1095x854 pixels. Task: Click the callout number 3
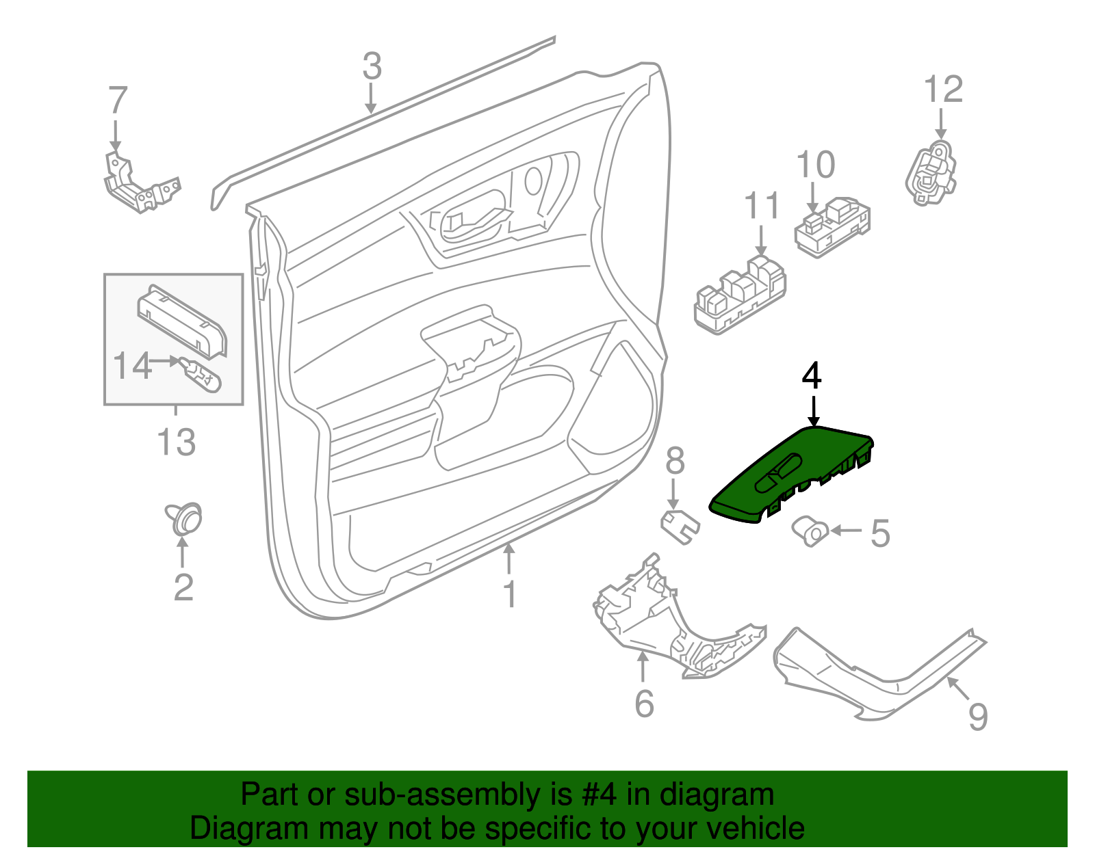pos(372,67)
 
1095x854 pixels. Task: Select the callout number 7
pos(118,101)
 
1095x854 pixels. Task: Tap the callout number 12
pos(943,90)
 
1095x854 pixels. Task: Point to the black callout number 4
pos(812,376)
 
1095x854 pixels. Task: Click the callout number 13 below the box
pos(177,442)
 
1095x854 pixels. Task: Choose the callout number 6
pos(644,704)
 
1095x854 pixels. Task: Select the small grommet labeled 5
pos(810,532)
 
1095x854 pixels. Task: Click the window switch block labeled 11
pos(739,297)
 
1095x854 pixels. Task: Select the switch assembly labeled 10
pos(832,226)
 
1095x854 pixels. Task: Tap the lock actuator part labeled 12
pos(931,174)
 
